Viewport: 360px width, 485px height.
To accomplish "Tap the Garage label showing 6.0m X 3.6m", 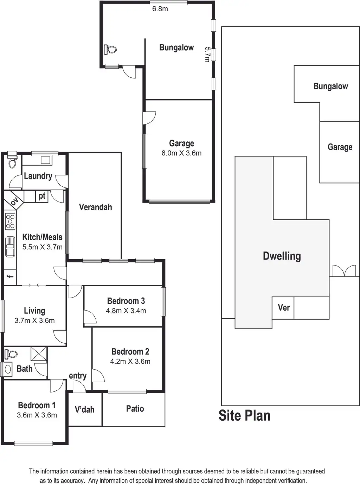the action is tap(181, 148).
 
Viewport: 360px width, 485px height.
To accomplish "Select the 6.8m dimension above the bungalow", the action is tap(160, 9).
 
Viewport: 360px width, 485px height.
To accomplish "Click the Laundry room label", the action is tap(38, 176).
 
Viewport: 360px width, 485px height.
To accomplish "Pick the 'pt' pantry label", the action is tap(42, 196).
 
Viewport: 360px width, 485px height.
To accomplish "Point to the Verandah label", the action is tap(95, 207).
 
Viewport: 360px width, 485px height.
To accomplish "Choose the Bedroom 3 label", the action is tap(126, 301).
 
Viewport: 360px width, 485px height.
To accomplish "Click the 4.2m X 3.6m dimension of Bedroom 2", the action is tap(130, 362).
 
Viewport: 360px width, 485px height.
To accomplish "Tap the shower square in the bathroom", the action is tap(39, 354).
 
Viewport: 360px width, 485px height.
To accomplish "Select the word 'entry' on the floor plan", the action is tap(78, 376).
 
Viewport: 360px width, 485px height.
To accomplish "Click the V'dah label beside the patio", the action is tap(85, 409).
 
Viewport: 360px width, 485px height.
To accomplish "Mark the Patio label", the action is tap(135, 409).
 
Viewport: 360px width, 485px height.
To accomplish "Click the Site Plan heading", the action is tap(244, 415).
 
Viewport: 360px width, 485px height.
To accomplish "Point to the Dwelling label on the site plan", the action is tap(282, 256).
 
